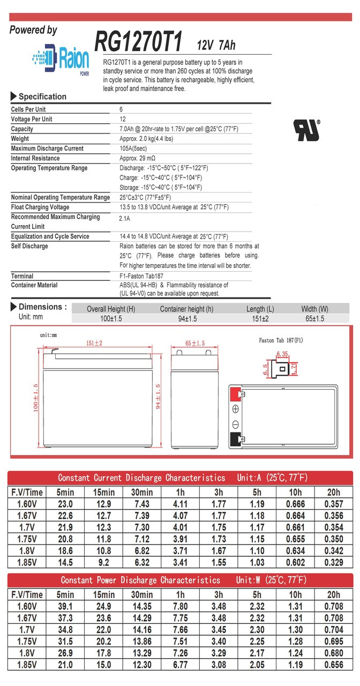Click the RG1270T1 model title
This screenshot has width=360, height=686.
[139, 41]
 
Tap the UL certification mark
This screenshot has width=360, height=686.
[306, 130]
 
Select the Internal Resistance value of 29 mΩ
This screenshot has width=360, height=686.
[138, 159]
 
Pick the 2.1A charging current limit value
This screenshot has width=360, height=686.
[124, 219]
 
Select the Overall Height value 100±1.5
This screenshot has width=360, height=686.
[111, 319]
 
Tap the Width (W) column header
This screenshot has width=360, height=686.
[314, 309]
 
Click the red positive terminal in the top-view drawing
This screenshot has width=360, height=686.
[234, 394]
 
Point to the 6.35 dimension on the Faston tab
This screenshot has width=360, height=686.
[282, 354]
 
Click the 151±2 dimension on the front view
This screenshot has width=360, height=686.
[94, 344]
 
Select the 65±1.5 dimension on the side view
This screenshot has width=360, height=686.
[195, 344]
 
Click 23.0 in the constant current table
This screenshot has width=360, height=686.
[65, 504]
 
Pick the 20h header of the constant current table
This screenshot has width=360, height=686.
[334, 492]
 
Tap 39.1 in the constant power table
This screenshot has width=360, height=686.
[65, 607]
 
